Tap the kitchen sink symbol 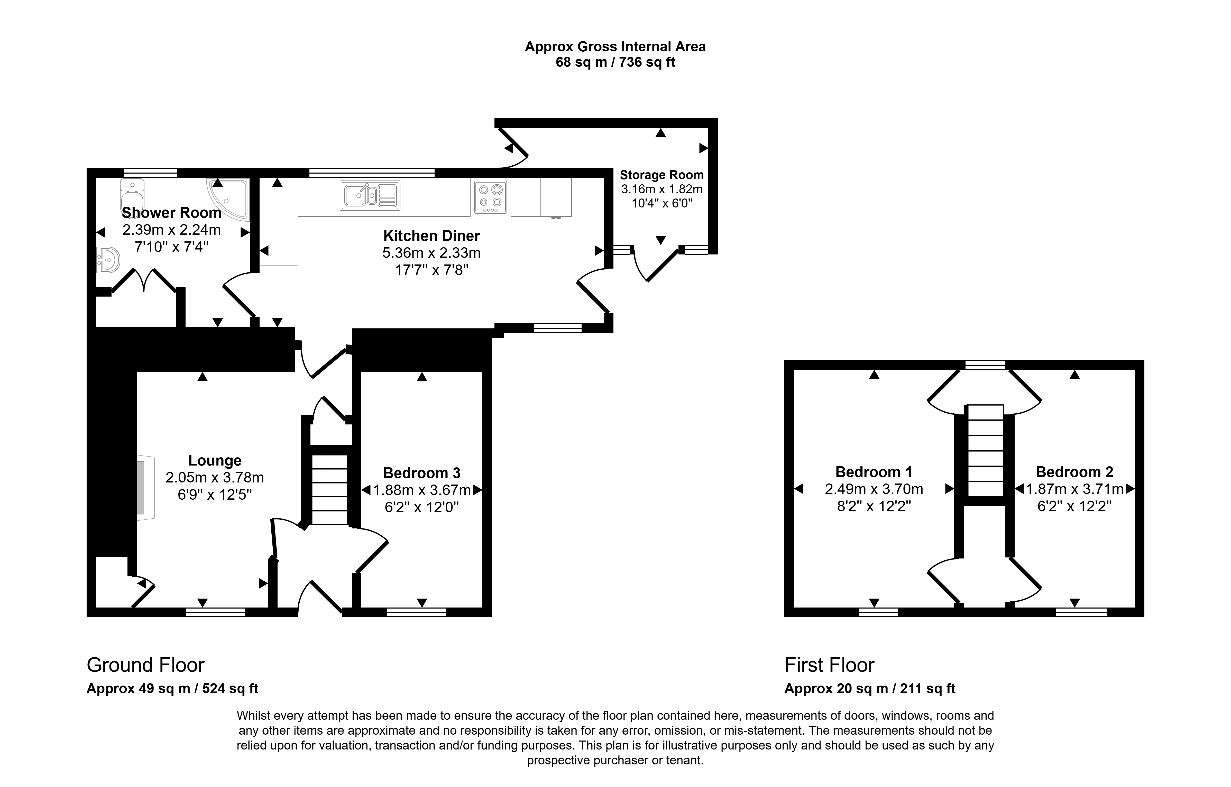[x=370, y=195]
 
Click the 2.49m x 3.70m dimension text [x=874, y=489]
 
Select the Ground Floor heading [x=146, y=665]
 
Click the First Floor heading [x=830, y=665]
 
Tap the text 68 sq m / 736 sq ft [x=615, y=62]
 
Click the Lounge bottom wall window [x=215, y=612]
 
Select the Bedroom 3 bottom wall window [x=416, y=612]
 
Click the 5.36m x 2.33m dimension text [x=432, y=253]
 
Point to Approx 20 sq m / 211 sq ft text [x=870, y=689]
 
